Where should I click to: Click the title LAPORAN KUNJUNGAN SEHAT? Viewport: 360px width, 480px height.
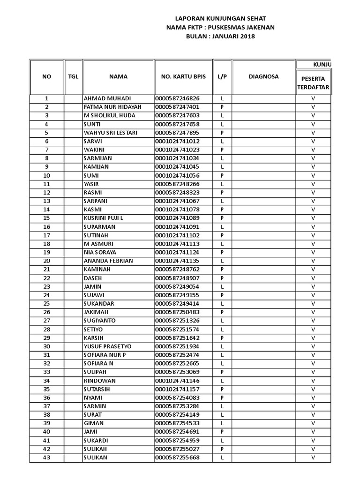point(220,18)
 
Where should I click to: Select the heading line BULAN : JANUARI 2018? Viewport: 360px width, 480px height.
point(220,36)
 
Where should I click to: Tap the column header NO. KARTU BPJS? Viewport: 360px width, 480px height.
point(183,77)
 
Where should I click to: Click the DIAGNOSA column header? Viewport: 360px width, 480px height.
point(263,77)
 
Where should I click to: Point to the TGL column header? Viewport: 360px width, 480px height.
point(73,77)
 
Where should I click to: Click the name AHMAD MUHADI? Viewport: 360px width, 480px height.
point(107,98)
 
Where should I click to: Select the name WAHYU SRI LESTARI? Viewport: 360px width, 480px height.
point(111,133)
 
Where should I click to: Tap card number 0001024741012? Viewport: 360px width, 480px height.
point(178,141)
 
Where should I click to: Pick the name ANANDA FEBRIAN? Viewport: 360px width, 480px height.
point(108,261)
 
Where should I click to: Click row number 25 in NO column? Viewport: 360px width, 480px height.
point(46,303)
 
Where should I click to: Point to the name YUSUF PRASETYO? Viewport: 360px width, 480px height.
point(108,346)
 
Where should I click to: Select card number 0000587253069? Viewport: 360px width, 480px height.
point(178,372)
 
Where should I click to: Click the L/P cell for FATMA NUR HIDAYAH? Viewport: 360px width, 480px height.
point(222,107)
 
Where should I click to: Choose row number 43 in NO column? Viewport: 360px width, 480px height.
point(46,457)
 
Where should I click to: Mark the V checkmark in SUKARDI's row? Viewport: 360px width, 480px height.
point(313,440)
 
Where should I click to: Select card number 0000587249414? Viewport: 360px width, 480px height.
point(178,303)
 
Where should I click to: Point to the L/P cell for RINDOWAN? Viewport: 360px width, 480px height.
point(222,380)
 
